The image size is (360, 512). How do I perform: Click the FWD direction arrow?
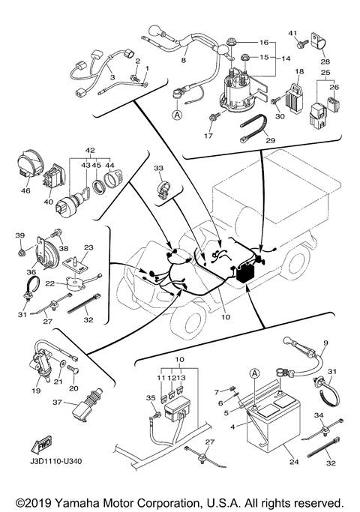[40, 445]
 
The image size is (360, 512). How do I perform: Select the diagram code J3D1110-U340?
[55, 461]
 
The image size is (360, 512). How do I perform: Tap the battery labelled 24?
[274, 422]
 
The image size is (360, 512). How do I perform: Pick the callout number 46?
[25, 190]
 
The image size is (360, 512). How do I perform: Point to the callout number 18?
[299, 71]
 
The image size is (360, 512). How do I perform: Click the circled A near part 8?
[177, 115]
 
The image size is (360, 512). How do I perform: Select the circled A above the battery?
[255, 373]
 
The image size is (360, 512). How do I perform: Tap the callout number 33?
[158, 168]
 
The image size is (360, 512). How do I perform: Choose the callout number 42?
[90, 151]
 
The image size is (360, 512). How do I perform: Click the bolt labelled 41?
[301, 44]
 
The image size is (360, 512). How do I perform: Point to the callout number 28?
[325, 61]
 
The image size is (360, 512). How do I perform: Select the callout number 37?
[57, 403]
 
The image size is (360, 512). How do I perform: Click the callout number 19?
[36, 391]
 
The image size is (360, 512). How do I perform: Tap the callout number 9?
[325, 343]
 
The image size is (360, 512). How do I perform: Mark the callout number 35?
[151, 397]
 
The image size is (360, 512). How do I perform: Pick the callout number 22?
[49, 283]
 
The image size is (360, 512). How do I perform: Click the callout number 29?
[271, 141]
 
